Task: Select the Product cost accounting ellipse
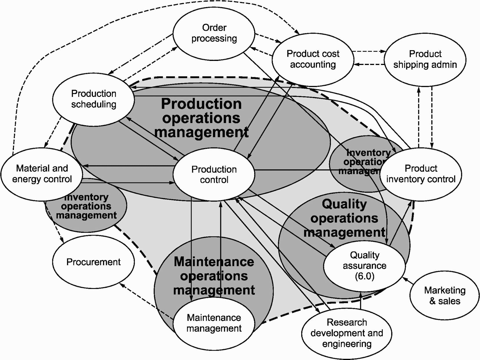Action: (313, 59)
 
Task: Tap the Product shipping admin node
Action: (425, 59)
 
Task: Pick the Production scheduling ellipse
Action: (93, 99)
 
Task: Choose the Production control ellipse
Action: (214, 174)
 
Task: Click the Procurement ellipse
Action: (93, 262)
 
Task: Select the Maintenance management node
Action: (214, 323)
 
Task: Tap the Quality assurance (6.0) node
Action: (364, 265)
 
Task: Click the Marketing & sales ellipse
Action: (445, 296)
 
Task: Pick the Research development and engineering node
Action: (347, 333)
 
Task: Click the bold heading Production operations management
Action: (201, 118)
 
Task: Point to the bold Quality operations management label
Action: (344, 218)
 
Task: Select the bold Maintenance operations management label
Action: (214, 276)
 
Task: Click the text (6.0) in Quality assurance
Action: (364, 276)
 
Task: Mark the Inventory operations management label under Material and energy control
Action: (86, 206)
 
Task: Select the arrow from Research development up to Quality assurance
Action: (360, 301)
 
